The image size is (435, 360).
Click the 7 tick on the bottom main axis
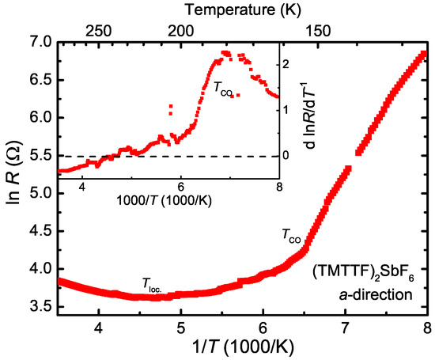[x=345, y=324]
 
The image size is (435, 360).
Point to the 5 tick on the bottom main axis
[x=181, y=324]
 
